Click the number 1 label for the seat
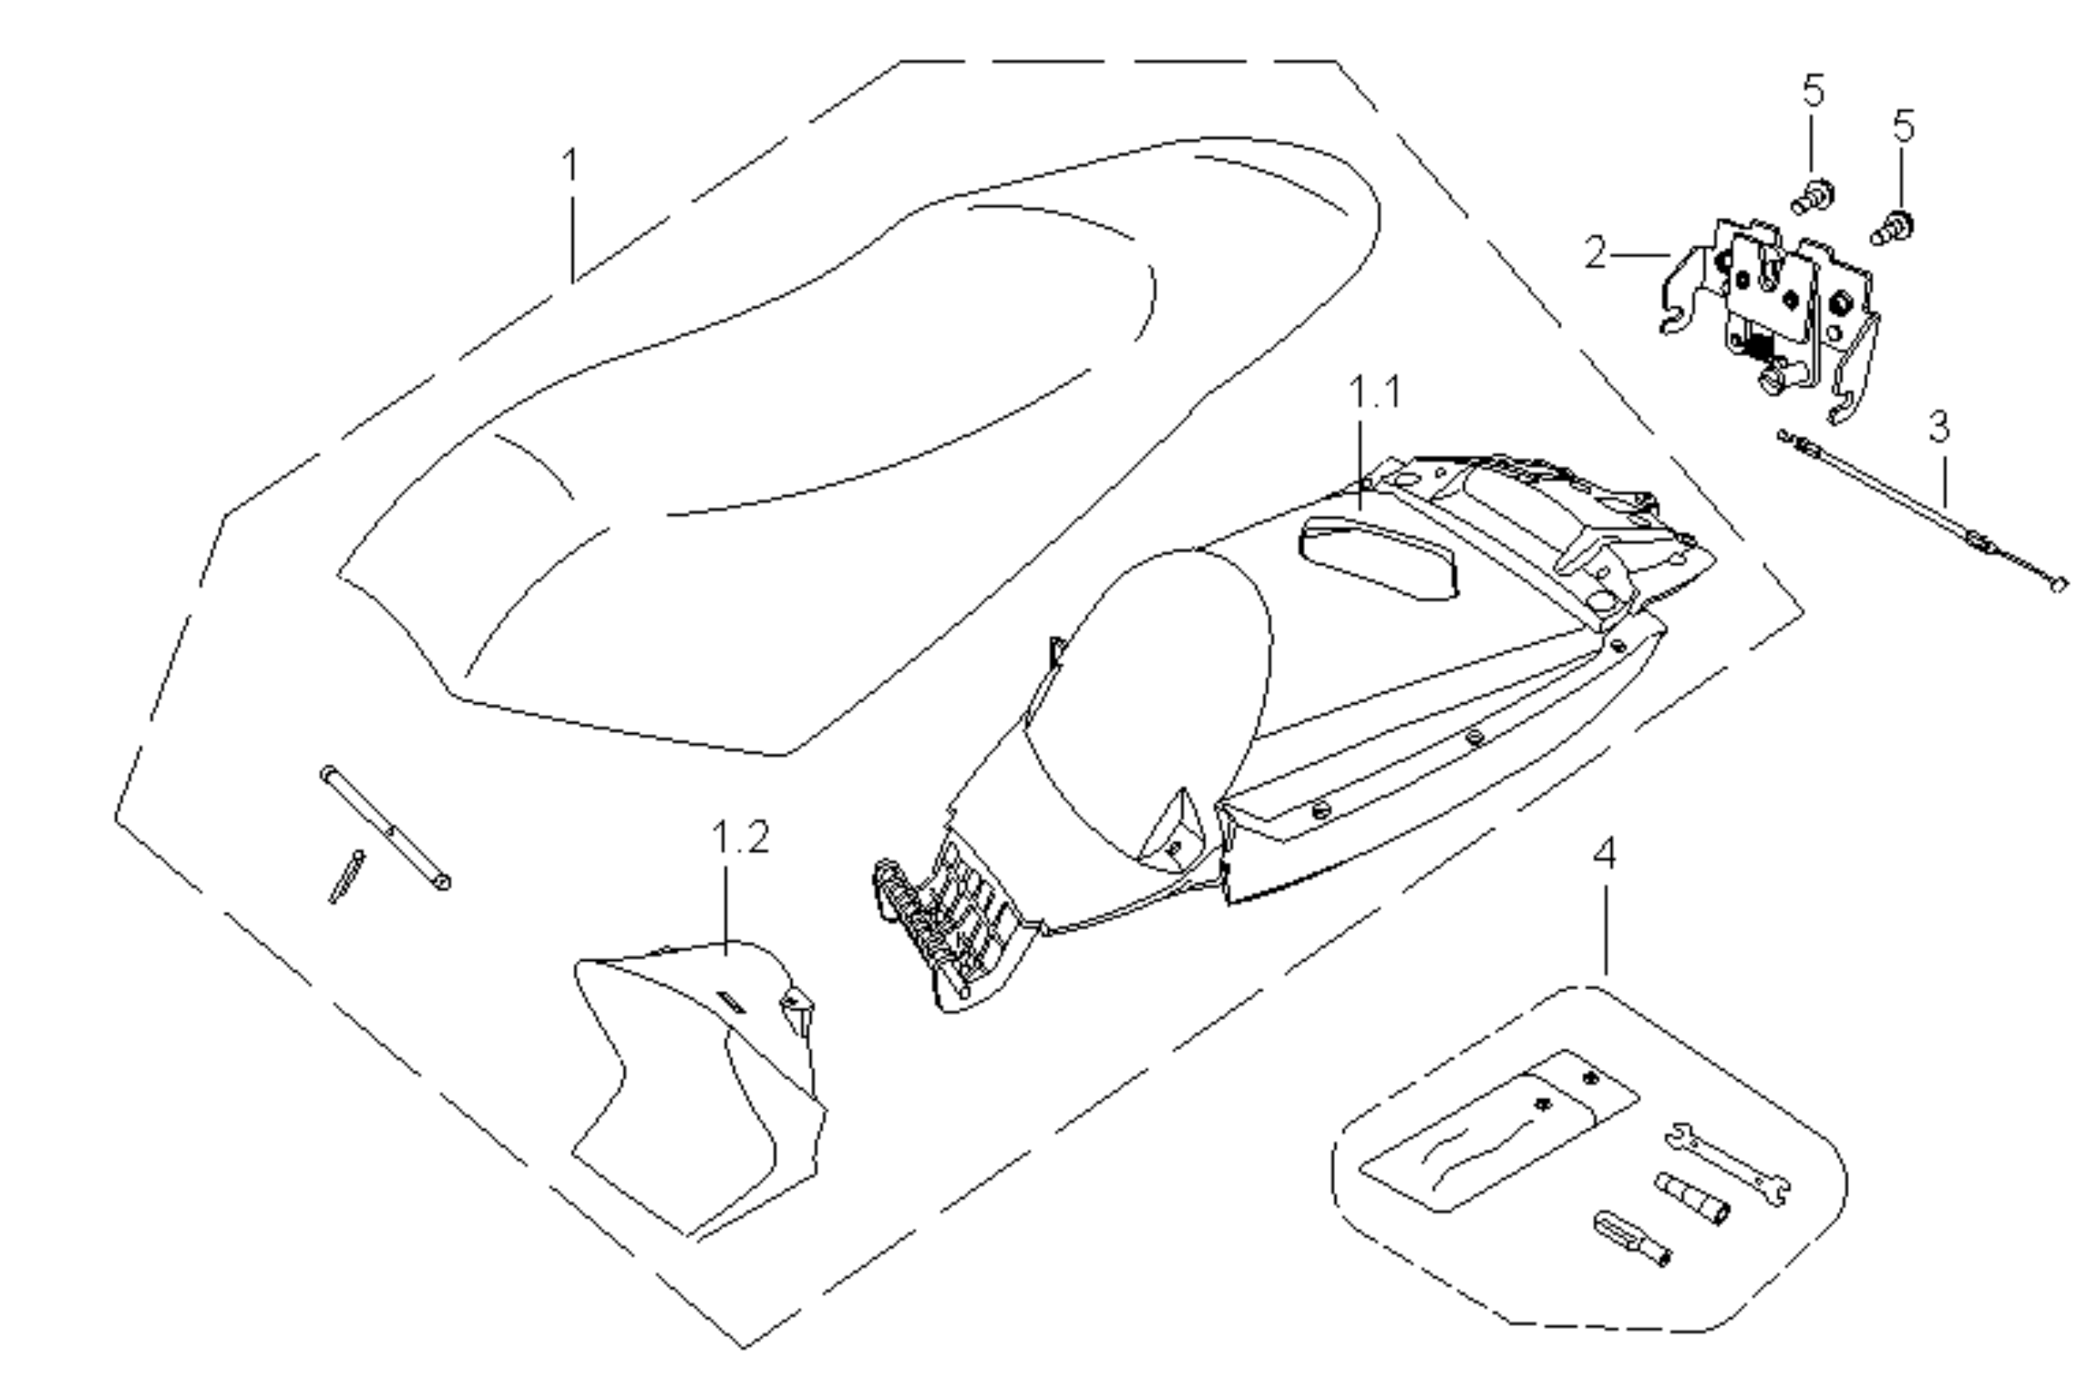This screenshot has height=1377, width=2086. pos(571,166)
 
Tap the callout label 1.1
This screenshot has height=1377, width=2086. pos(1374,392)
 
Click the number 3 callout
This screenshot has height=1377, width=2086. pos(1939,426)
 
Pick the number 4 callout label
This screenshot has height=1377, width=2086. pos(1604,853)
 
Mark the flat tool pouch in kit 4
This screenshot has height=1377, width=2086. pos(1493,1133)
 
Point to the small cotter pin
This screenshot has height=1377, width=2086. pos(346,876)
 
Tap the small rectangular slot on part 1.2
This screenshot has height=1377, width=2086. pos(731,1003)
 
